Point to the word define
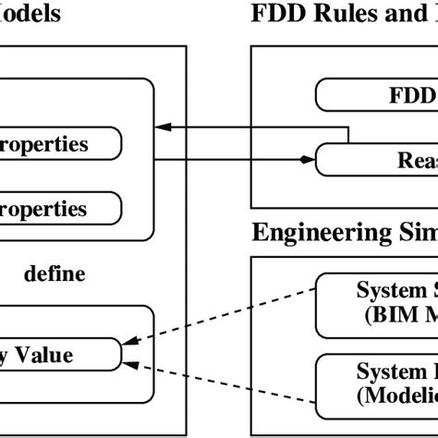(x=55, y=274)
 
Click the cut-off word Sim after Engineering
(x=414, y=230)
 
